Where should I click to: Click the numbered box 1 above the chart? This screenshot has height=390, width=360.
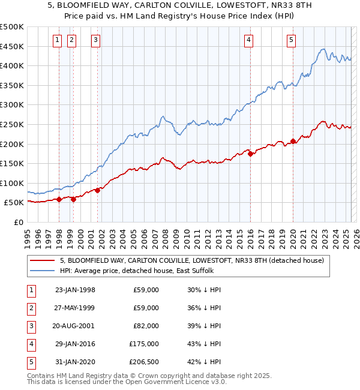(57, 40)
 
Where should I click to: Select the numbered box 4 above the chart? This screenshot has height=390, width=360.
(248, 40)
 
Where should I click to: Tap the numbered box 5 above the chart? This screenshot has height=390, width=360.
(291, 40)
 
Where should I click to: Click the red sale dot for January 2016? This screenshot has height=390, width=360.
(250, 154)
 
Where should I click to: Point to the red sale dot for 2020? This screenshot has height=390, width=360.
(293, 142)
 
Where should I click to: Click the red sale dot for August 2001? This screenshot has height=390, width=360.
(97, 190)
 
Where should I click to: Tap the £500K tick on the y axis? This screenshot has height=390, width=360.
(12, 27)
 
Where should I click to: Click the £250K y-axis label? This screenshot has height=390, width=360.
(12, 124)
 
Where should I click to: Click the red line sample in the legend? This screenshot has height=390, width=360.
(43, 260)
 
